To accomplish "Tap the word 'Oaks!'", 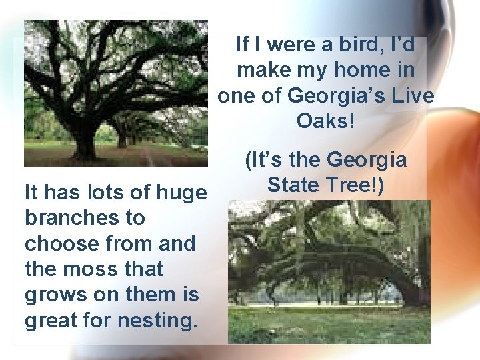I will pyautogui.click(x=325, y=121).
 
